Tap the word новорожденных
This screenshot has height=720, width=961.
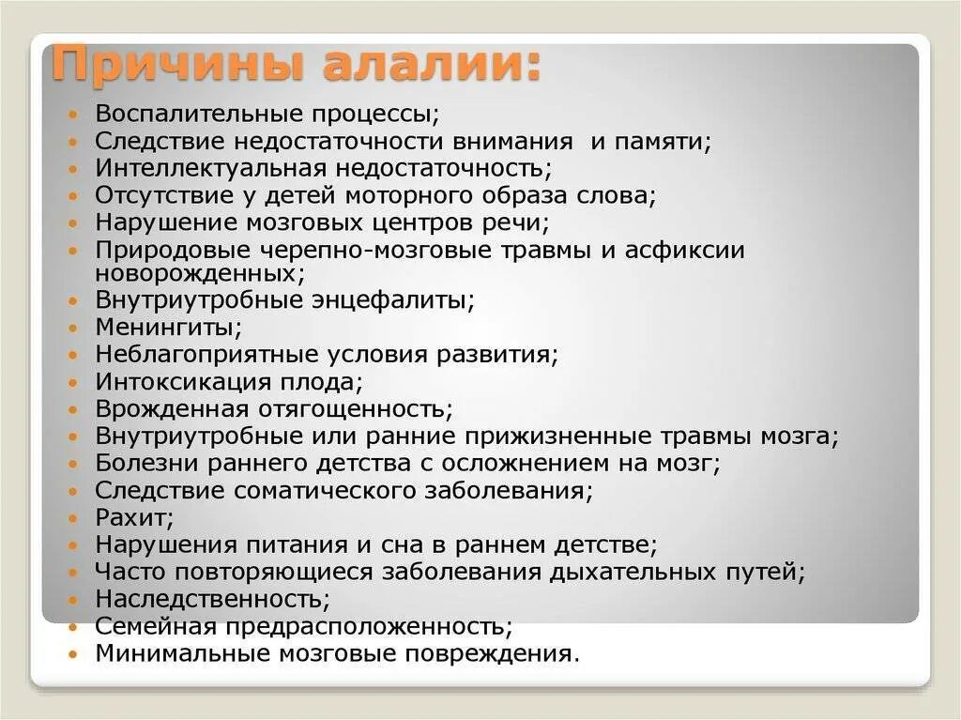[x=196, y=272]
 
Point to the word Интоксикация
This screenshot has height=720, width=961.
[x=177, y=382]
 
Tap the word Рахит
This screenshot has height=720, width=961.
[x=131, y=517]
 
